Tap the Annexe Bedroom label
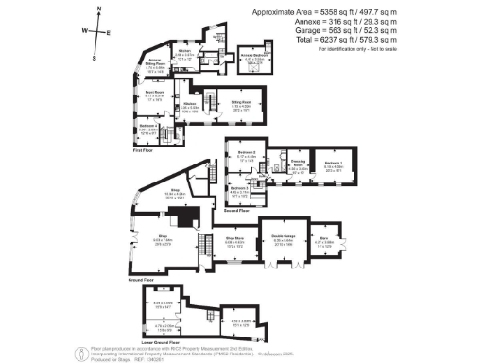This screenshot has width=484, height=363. pos(251,55)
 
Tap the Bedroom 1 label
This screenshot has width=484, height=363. pos(332,162)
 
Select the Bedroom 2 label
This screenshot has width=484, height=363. pos(247,151)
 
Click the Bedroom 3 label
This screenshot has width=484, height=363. pos(238,188)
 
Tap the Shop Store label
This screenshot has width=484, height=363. pos(235,238)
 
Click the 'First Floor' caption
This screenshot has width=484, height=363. pos(145,148)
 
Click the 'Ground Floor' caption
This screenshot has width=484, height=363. pos(139,280)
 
